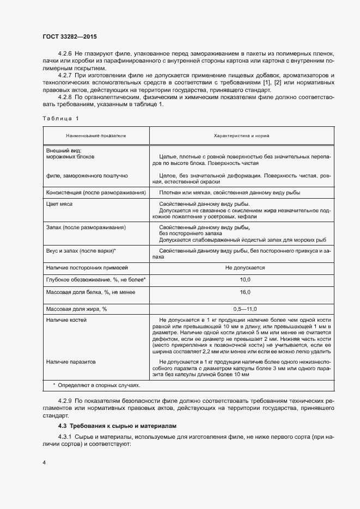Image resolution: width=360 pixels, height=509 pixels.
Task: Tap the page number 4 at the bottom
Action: [x=43, y=463]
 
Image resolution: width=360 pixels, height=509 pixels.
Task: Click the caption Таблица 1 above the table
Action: [x=60, y=118]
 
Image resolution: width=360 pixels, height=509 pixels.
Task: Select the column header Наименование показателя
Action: [x=96, y=135]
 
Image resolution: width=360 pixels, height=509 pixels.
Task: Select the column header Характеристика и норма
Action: [x=245, y=135]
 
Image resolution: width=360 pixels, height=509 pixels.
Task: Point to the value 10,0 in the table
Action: [x=245, y=279]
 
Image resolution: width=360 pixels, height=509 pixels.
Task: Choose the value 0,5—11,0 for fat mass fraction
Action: [x=245, y=309]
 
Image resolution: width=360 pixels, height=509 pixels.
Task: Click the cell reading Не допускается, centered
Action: [x=245, y=267]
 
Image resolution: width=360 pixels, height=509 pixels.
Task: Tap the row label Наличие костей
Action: [x=66, y=320]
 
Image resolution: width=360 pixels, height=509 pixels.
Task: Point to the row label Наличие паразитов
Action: [x=71, y=361]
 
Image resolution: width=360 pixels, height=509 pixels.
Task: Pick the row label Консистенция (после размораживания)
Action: [x=96, y=193]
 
